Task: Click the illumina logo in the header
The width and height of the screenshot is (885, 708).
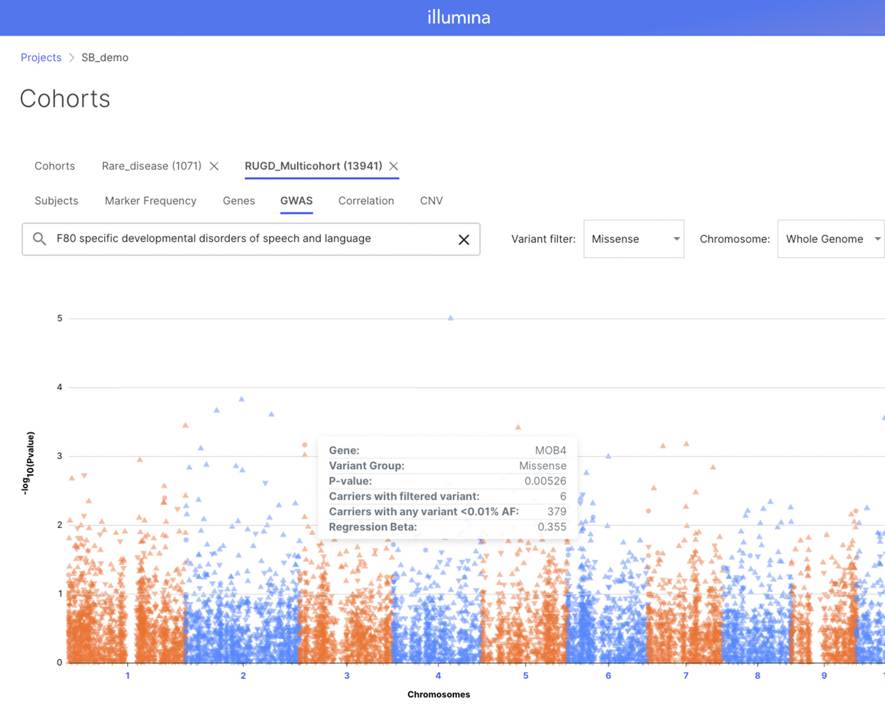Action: pyautogui.click(x=459, y=17)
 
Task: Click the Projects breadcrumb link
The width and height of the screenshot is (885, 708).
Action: pyautogui.click(x=41, y=57)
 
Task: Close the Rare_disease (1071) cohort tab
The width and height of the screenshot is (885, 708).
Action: pyautogui.click(x=214, y=166)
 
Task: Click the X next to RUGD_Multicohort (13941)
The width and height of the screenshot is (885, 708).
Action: pyautogui.click(x=394, y=166)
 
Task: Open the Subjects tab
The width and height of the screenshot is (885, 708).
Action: pyautogui.click(x=56, y=201)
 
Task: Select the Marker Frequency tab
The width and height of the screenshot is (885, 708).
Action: pyautogui.click(x=151, y=201)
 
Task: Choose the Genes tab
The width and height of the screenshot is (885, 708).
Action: pyautogui.click(x=239, y=201)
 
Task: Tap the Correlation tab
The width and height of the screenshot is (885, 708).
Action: pyautogui.click(x=366, y=201)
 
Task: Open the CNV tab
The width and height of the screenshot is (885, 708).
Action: pyautogui.click(x=432, y=201)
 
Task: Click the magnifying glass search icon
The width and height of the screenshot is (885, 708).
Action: pyautogui.click(x=40, y=239)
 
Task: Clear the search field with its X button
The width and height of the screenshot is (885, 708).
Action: pyautogui.click(x=464, y=240)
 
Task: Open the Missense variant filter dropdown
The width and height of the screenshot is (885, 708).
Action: pyautogui.click(x=634, y=239)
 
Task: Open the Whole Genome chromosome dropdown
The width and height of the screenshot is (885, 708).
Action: pyautogui.click(x=831, y=239)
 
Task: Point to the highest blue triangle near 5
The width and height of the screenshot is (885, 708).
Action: pyautogui.click(x=450, y=318)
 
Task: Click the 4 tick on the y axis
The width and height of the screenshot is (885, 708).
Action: pyautogui.click(x=60, y=387)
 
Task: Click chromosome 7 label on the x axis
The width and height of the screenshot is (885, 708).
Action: pyautogui.click(x=686, y=675)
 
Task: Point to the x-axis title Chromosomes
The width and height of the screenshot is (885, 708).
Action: pyautogui.click(x=439, y=694)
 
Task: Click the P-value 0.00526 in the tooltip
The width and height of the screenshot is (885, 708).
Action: pyautogui.click(x=545, y=481)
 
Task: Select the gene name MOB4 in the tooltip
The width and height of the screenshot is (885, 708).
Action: pyautogui.click(x=550, y=450)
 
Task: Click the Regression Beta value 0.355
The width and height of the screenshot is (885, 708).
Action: pyautogui.click(x=552, y=527)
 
